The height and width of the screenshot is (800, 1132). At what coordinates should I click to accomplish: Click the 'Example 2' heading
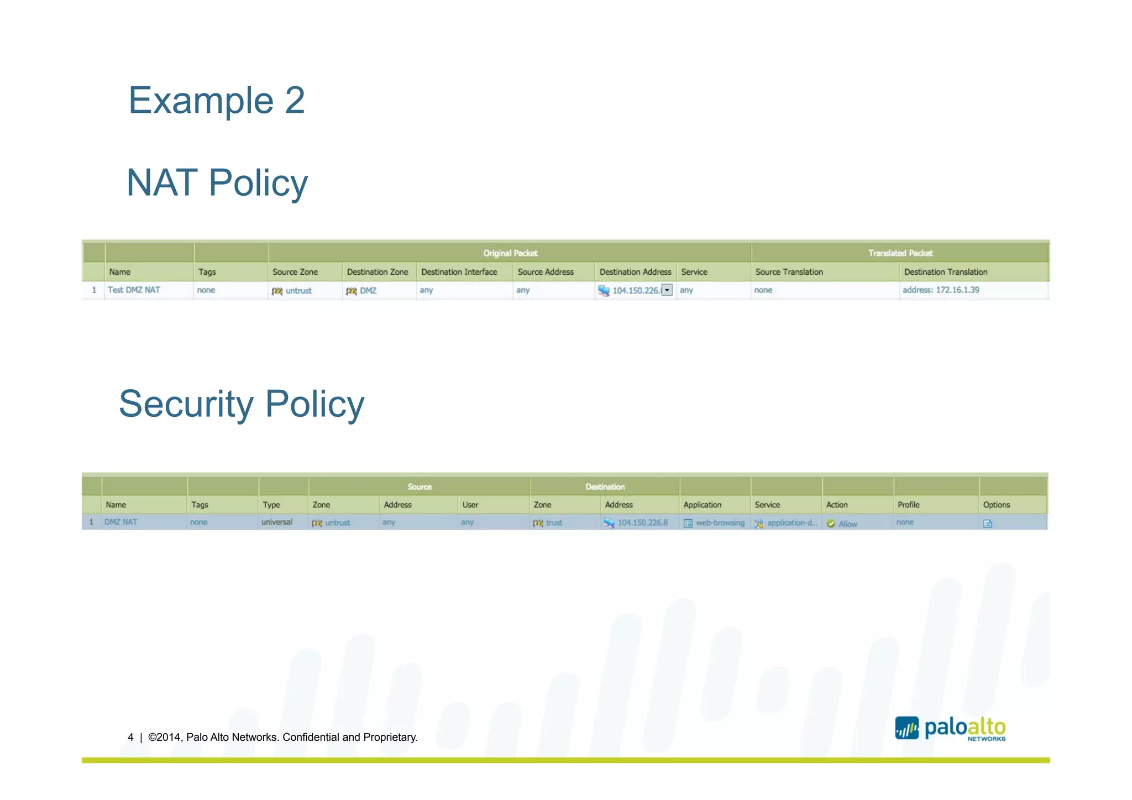point(216,101)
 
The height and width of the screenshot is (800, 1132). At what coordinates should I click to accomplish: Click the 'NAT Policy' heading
point(217,183)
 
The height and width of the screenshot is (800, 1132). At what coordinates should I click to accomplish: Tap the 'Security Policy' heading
point(242,404)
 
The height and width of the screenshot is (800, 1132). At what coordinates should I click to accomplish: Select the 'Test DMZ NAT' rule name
point(134,290)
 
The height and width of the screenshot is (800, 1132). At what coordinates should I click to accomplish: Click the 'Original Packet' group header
point(510,253)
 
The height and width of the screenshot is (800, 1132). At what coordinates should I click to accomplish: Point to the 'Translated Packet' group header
point(900,253)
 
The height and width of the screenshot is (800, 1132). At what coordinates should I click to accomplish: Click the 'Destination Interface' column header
point(459,272)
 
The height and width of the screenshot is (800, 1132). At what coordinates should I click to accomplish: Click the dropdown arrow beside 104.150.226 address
point(667,290)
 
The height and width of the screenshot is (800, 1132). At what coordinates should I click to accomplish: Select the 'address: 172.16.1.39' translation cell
point(941,290)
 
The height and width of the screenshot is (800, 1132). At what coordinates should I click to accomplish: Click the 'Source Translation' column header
point(789,272)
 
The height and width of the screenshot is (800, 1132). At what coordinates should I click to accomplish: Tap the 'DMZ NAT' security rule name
point(121,522)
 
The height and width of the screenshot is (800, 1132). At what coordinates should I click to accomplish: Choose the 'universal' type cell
point(276,522)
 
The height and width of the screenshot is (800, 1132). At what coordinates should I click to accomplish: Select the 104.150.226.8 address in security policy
point(642,523)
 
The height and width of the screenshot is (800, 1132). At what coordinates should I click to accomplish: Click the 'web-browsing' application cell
point(720,523)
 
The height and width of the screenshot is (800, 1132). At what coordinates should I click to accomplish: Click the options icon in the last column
point(988,524)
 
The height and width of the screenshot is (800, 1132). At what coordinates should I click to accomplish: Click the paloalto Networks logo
point(950,729)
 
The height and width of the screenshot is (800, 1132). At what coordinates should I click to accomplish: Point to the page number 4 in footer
point(130,738)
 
